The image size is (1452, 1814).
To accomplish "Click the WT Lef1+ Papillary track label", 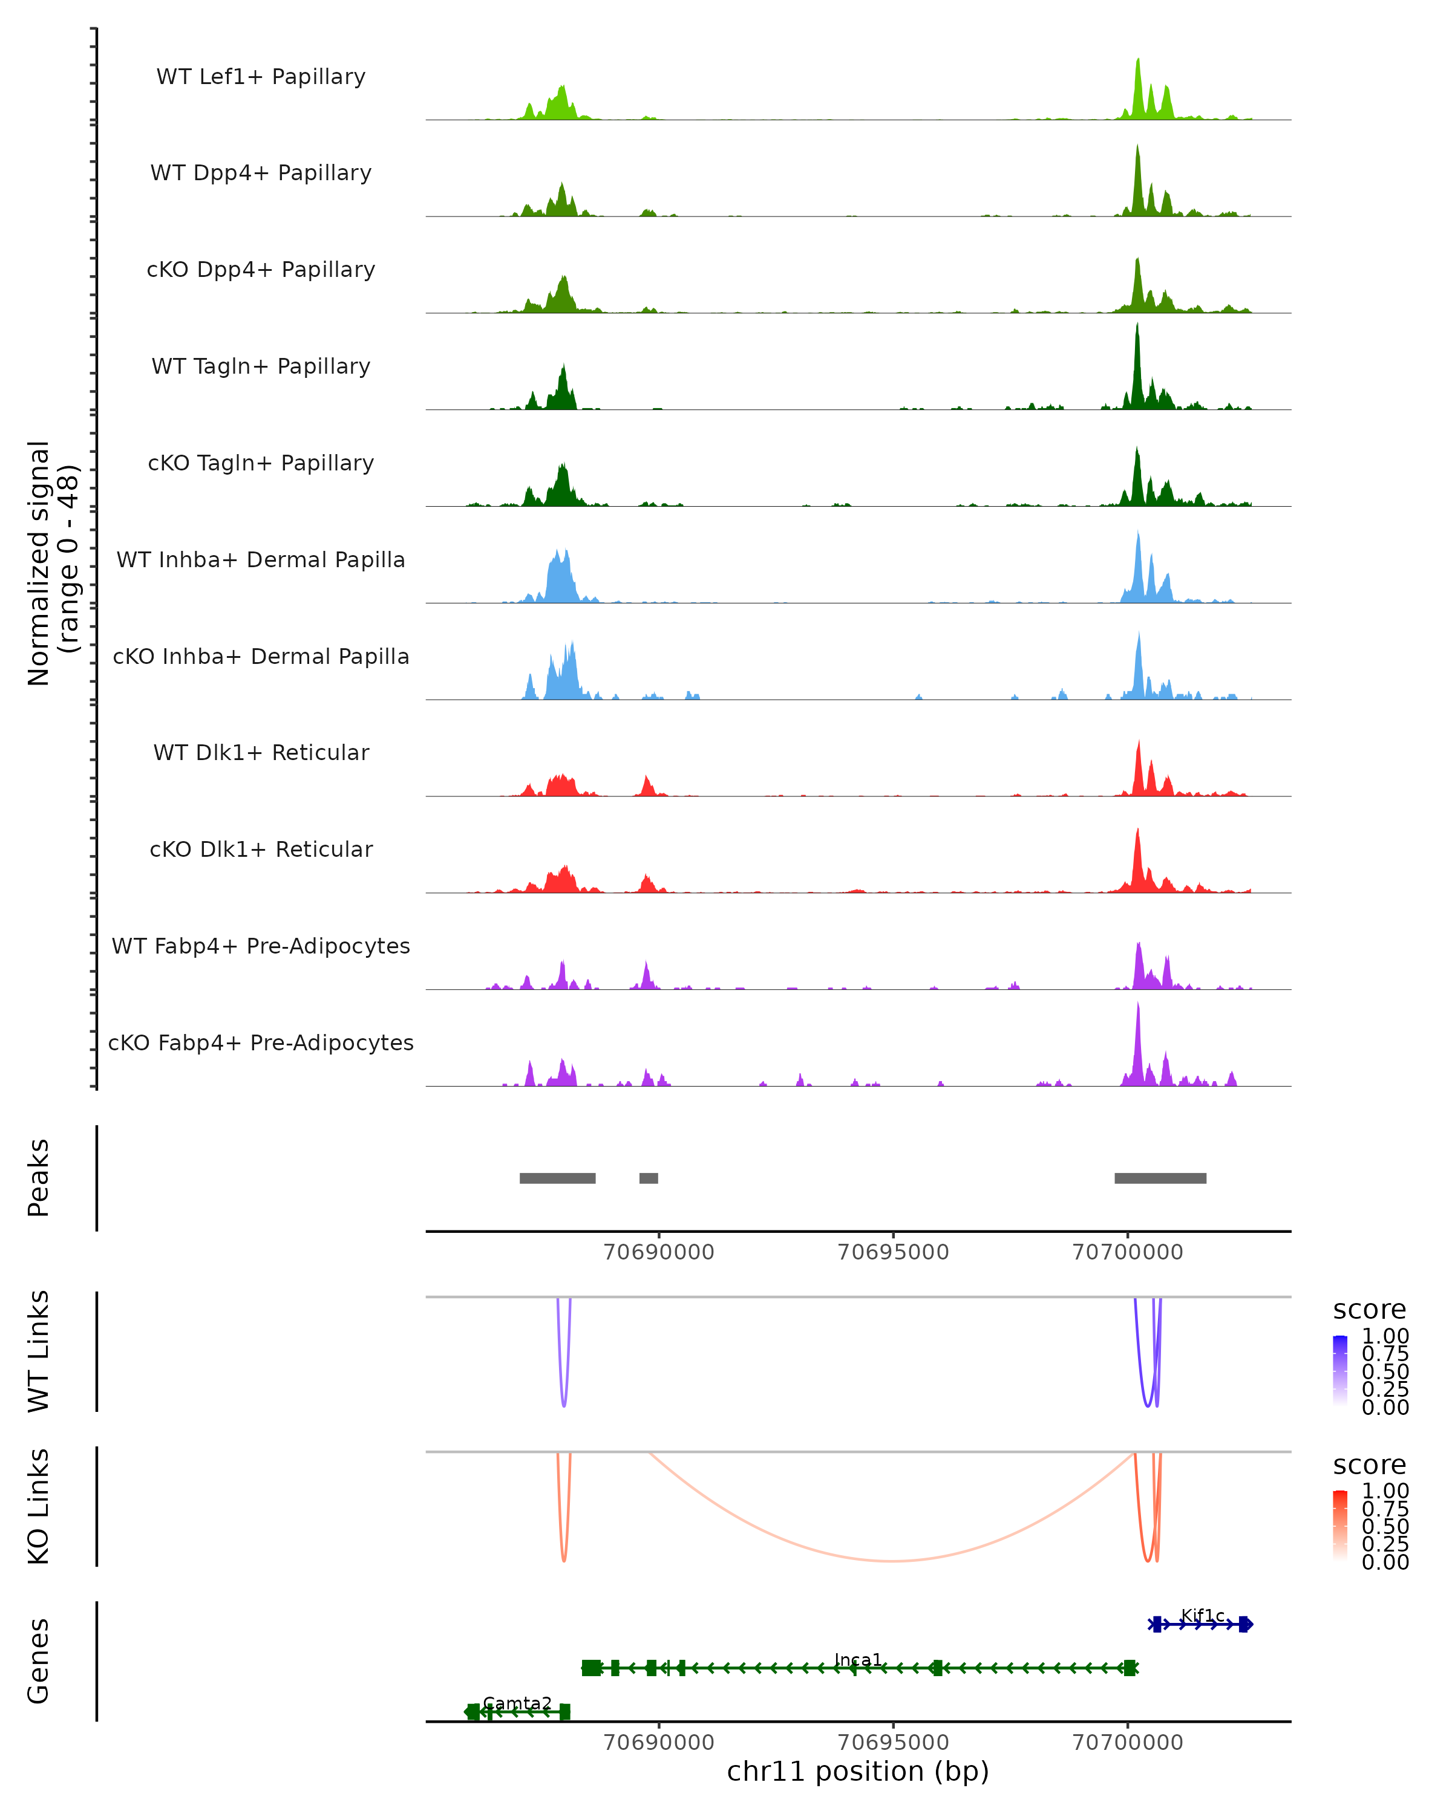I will [261, 77].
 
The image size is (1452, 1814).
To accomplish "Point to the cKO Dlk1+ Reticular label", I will [261, 849].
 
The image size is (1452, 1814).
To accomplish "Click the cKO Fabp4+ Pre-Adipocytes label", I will [261, 1042].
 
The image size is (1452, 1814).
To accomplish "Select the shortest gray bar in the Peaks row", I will [648, 1178].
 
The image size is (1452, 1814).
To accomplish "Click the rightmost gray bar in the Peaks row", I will [1160, 1178].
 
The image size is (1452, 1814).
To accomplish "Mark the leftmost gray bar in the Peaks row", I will [557, 1178].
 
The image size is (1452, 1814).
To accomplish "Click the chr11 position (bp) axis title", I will [858, 1771].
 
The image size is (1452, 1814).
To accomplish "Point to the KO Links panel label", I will [39, 1506].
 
